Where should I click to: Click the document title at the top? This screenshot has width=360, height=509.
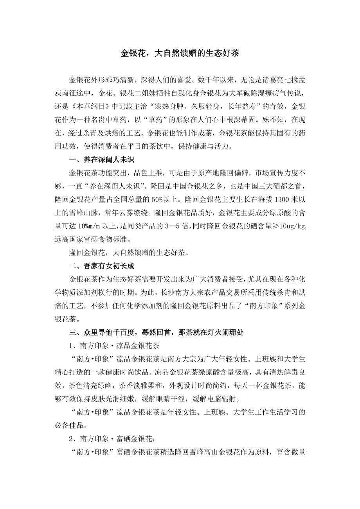click(180, 54)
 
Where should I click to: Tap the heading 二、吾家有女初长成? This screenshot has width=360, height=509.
click(102, 266)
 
